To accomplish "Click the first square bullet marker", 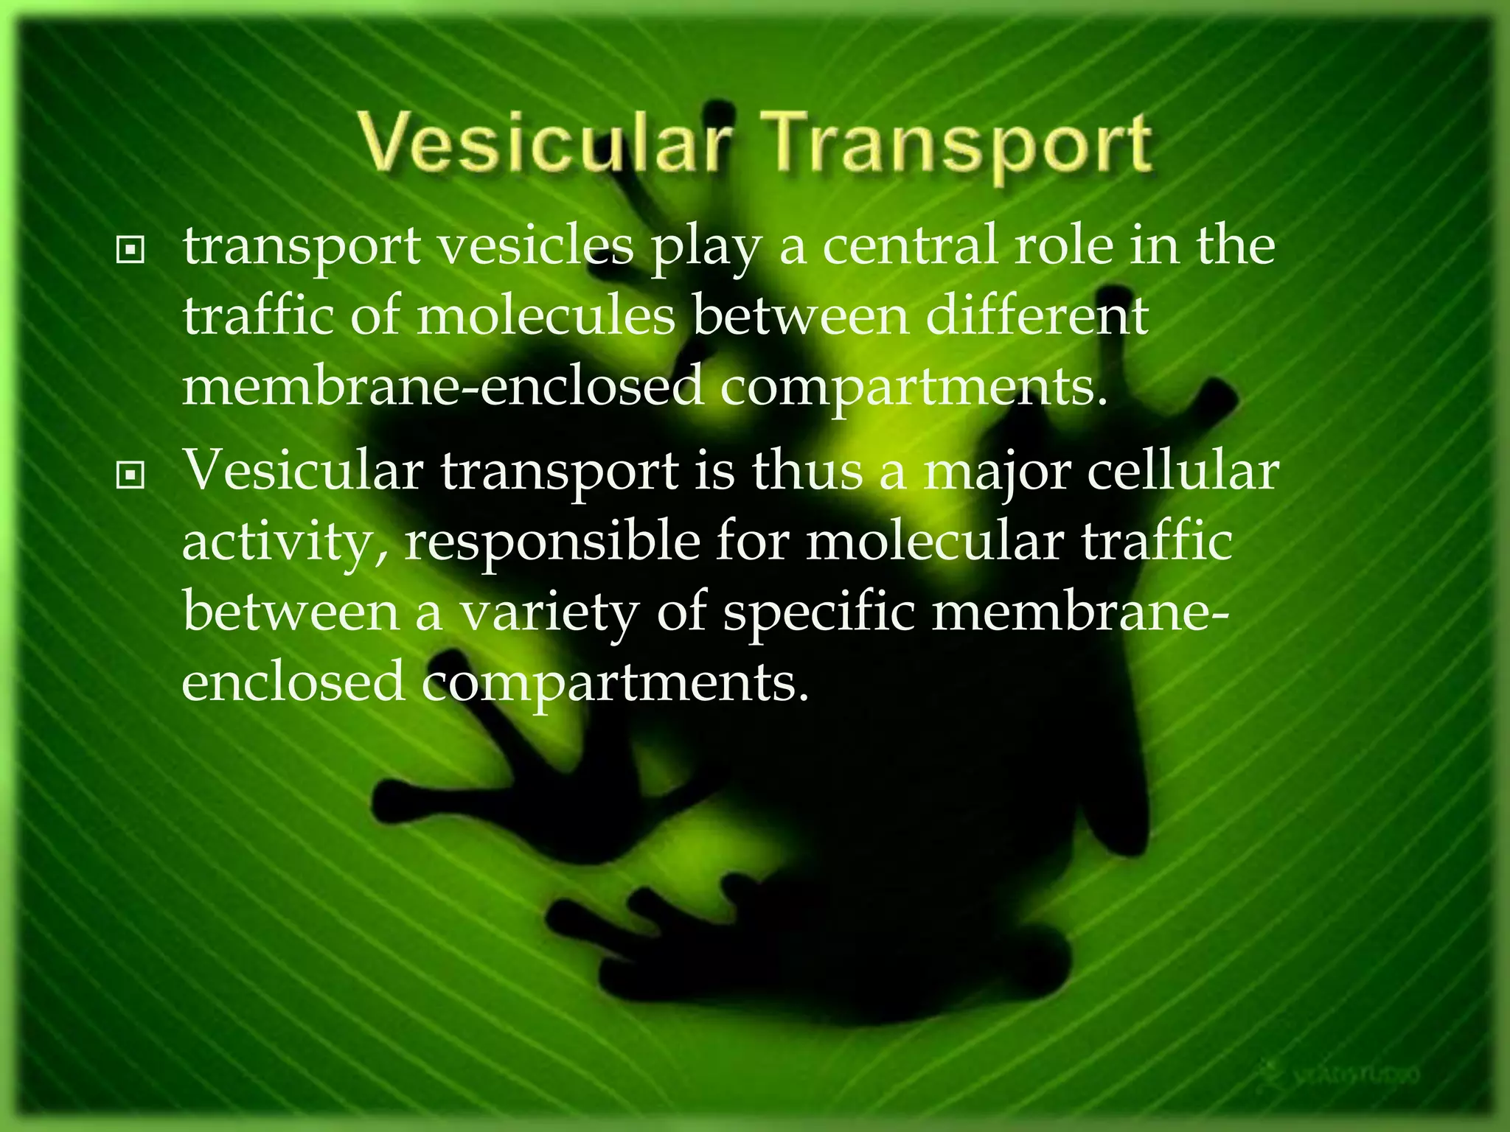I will [x=131, y=251].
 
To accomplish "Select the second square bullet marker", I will [x=131, y=477].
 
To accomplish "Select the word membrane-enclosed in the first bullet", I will [x=442, y=386].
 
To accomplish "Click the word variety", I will [x=549, y=613].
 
